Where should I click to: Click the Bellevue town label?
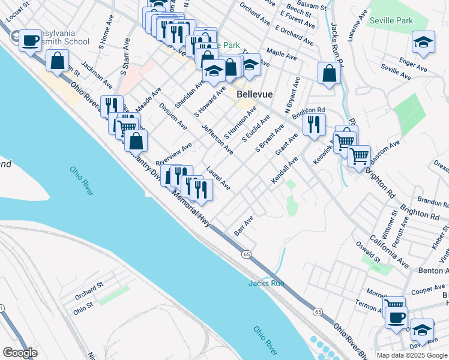point(255,95)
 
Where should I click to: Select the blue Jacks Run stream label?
point(266,283)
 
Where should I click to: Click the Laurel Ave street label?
point(218,179)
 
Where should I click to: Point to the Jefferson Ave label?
point(217,139)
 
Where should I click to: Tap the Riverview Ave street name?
point(173,154)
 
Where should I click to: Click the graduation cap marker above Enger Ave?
point(423,42)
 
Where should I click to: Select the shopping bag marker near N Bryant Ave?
point(330,73)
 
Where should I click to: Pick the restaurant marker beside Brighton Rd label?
point(314,124)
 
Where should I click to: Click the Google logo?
point(20,353)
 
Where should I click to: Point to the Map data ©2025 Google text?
point(412,355)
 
